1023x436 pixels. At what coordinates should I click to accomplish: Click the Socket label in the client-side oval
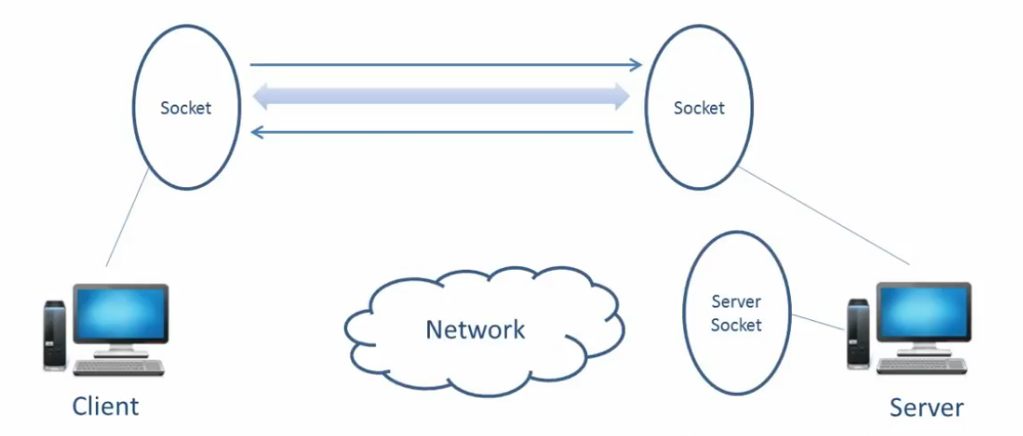[x=185, y=108]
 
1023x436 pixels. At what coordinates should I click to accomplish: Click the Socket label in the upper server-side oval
[x=699, y=108]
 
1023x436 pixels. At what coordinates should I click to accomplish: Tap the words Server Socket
[x=736, y=314]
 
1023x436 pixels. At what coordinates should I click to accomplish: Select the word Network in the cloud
[x=475, y=330]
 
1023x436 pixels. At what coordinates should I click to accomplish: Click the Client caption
[x=105, y=406]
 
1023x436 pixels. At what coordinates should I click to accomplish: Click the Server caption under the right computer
[x=925, y=408]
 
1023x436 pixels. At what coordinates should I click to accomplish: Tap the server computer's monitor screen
[x=924, y=314]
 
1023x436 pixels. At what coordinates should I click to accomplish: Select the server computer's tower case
[x=857, y=334]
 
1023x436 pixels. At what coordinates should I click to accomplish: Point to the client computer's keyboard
[x=120, y=367]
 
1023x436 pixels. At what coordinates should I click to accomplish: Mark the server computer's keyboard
[x=922, y=367]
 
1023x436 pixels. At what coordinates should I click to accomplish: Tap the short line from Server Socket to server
[x=817, y=323]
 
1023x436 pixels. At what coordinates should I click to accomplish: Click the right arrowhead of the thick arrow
[x=621, y=97]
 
